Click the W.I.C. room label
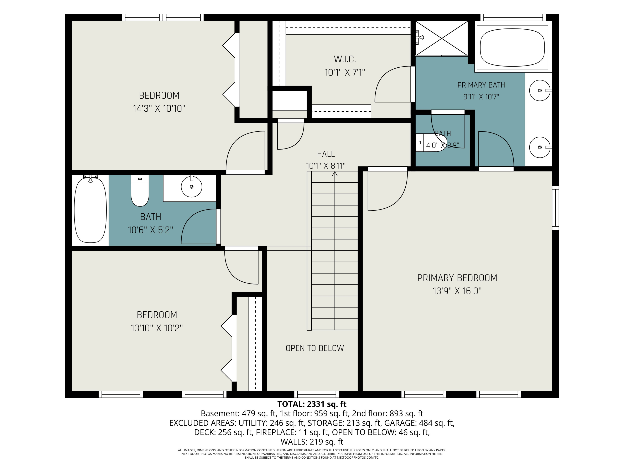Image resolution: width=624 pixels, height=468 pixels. click(x=345, y=59)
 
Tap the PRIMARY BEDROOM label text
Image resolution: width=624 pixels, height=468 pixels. click(x=457, y=278)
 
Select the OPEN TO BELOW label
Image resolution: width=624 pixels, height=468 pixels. click(x=315, y=348)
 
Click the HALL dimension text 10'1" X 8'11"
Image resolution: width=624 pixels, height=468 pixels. click(x=326, y=166)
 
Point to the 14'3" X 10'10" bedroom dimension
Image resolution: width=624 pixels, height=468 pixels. click(x=159, y=108)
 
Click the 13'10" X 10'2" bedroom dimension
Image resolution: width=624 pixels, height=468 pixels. click(x=157, y=328)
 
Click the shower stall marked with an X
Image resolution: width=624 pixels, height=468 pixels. click(x=442, y=38)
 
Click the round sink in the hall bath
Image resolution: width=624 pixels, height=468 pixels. click(x=192, y=186)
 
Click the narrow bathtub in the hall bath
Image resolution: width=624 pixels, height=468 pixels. click(x=90, y=209)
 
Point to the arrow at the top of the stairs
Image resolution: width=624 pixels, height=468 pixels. click(x=335, y=174)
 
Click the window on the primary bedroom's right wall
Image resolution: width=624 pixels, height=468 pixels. click(x=555, y=208)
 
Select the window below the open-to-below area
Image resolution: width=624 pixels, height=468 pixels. click(x=317, y=394)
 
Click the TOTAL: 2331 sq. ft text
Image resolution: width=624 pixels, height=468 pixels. click(x=312, y=404)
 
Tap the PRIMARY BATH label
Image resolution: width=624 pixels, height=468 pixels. click(x=481, y=85)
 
